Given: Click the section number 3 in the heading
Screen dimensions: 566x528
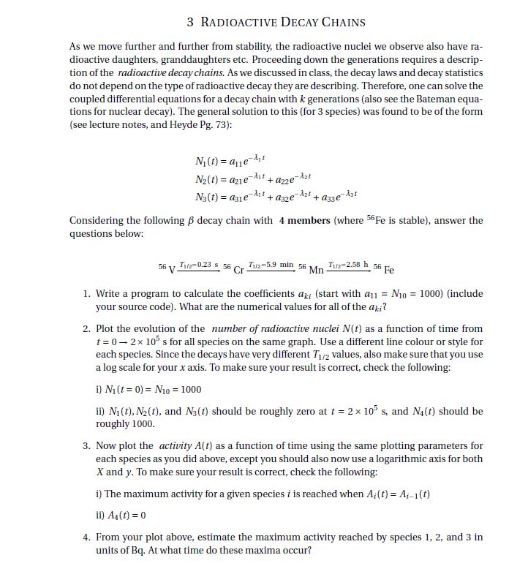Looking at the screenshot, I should (x=191, y=22).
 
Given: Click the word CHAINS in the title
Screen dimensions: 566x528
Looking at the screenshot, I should (x=338, y=22).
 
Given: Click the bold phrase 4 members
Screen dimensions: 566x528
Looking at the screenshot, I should (x=304, y=221).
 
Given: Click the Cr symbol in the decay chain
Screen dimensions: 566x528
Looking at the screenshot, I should (x=238, y=269).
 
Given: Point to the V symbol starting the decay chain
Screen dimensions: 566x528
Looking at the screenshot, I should (x=172, y=269).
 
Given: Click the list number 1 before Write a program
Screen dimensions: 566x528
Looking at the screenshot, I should (x=87, y=294).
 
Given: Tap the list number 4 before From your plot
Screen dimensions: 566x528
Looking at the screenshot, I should (x=87, y=537).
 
